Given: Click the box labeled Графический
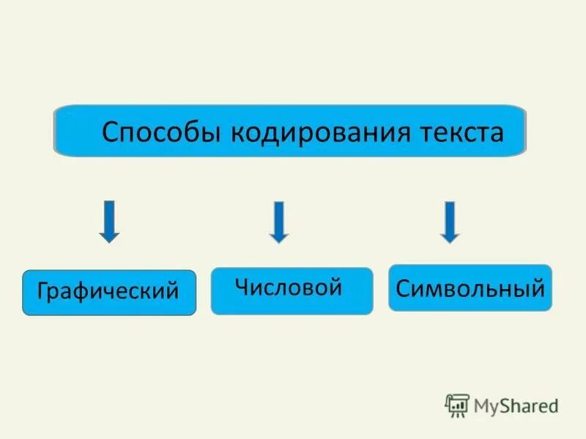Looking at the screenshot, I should click(109, 293).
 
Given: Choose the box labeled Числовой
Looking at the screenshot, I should click(292, 291).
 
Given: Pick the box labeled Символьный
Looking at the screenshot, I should click(470, 288).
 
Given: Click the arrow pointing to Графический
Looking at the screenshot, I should click(109, 221).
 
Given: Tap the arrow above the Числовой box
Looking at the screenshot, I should click(278, 222).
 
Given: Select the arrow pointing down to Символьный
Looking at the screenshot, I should click(450, 222).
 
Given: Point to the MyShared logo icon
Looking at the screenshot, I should click(457, 405).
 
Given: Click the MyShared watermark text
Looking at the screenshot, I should click(515, 405).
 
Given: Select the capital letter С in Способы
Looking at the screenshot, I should click(110, 133).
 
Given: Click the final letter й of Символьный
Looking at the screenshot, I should click(538, 287).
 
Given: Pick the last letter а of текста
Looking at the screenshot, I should click(497, 135).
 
